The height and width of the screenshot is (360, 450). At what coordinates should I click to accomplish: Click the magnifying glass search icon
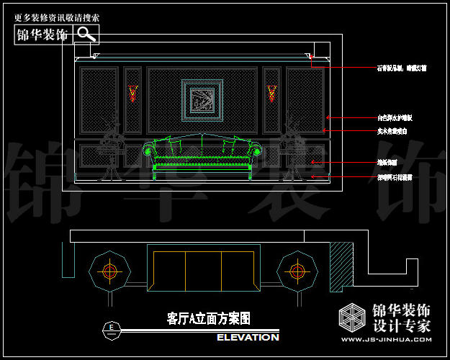pyautogui.click(x=86, y=34)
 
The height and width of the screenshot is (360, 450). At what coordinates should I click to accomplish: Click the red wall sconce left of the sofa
pyautogui.click(x=132, y=92)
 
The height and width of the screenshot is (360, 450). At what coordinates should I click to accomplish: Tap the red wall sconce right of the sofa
pyautogui.click(x=271, y=92)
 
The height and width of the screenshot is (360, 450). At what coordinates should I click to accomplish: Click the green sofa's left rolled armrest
pyautogui.click(x=150, y=151)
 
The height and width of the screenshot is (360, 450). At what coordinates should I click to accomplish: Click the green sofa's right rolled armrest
pyautogui.click(x=256, y=151)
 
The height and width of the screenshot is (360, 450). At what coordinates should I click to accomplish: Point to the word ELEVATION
pyautogui.click(x=248, y=337)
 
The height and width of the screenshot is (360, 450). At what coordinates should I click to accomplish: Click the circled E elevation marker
pyautogui.click(x=111, y=328)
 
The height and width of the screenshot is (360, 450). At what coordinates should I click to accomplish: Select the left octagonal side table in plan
pyautogui.click(x=109, y=271)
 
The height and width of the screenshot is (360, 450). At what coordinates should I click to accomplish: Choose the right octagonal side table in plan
pyautogui.click(x=297, y=271)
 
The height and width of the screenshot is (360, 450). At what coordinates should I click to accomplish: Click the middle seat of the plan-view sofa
pyautogui.click(x=202, y=270)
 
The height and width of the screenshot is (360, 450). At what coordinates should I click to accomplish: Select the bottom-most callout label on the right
pyautogui.click(x=395, y=176)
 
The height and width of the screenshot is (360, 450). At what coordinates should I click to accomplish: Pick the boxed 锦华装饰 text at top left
pyautogui.click(x=42, y=35)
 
